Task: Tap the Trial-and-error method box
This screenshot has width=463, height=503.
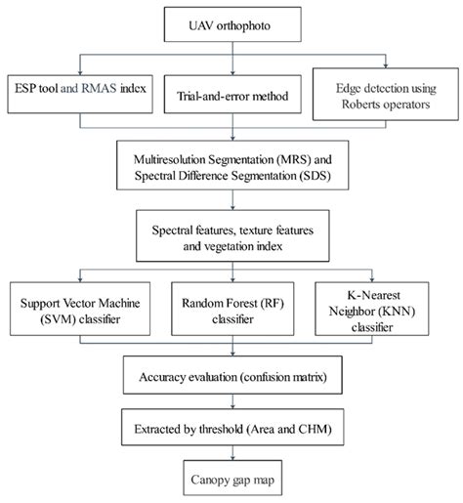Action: coord(231,98)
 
